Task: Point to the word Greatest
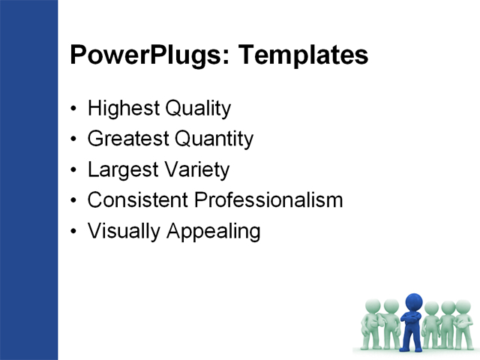point(127,139)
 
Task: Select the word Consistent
point(138,201)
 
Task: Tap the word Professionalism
point(268,201)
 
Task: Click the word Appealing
point(211,232)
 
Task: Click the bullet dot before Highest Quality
point(73,109)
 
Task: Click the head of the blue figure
point(412,301)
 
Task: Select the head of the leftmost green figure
point(372,306)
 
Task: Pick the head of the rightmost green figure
point(463,307)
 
